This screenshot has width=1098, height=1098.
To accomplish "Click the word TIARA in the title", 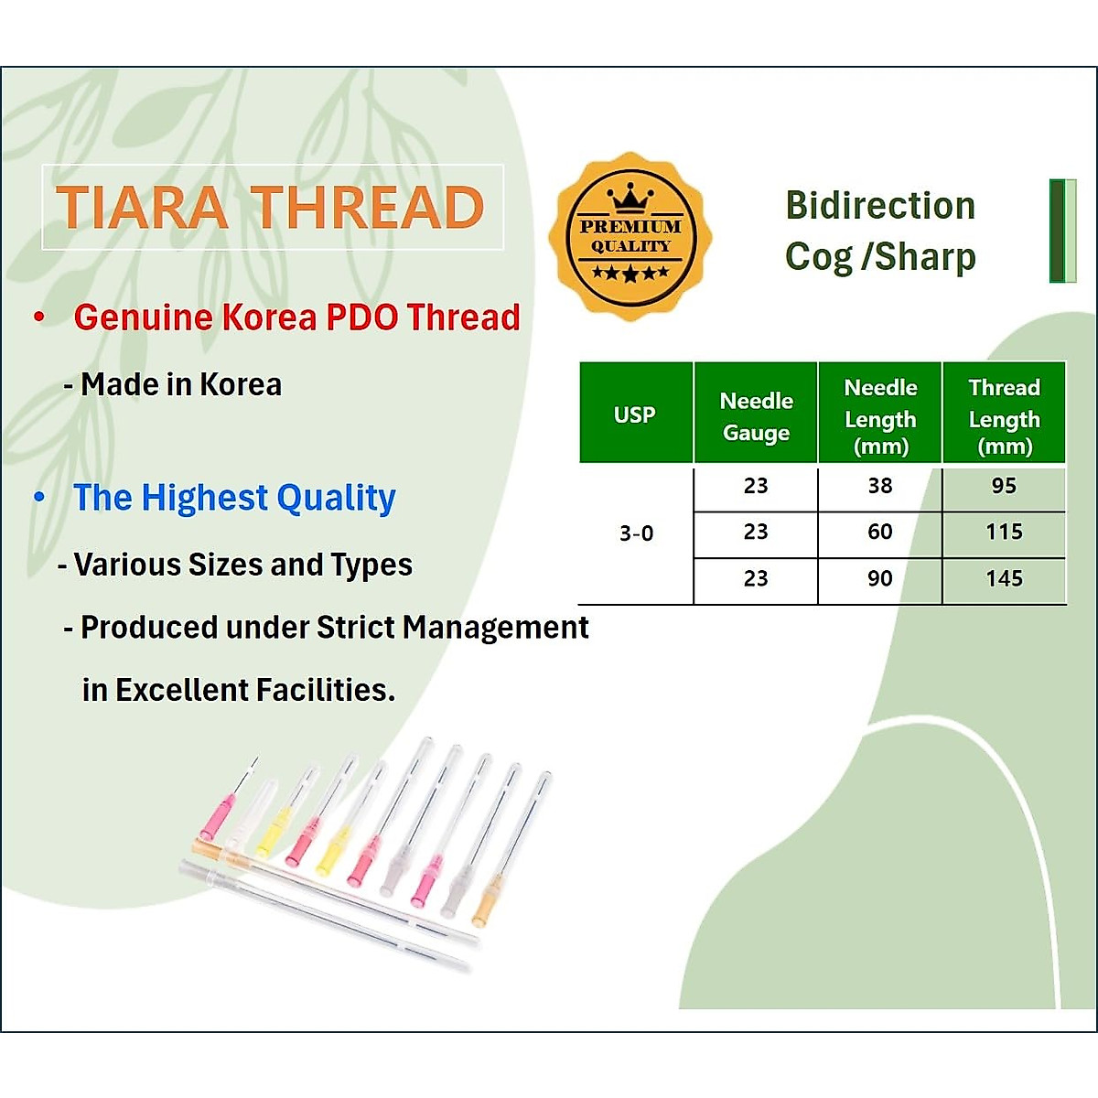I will click(x=142, y=207).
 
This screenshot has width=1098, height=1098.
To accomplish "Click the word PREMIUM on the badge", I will click(x=630, y=226).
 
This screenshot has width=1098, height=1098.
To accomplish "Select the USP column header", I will click(x=635, y=414).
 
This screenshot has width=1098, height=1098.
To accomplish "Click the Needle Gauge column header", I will click(x=756, y=416).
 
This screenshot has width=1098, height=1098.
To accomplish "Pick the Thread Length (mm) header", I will click(x=1004, y=416).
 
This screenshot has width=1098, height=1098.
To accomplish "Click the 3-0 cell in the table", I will click(x=636, y=533).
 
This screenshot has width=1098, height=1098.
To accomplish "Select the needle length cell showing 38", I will click(x=879, y=486).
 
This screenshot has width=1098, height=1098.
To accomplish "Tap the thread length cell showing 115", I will click(x=1004, y=532).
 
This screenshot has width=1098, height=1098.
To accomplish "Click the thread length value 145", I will click(x=1004, y=578).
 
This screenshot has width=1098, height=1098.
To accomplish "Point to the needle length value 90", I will click(x=879, y=578).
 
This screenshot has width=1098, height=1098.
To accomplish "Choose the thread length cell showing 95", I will click(x=1004, y=486).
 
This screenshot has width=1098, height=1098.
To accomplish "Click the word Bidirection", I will click(x=880, y=206).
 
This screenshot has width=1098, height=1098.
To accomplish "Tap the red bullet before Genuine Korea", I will click(x=39, y=318).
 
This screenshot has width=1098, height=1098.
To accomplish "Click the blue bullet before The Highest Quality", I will click(x=39, y=498).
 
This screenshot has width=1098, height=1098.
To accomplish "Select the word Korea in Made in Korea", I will click(x=241, y=384).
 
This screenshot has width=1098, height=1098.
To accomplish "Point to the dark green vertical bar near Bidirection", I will click(x=1058, y=231).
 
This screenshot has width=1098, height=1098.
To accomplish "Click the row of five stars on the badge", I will click(x=630, y=273).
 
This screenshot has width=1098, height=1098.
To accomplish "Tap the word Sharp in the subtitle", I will click(x=925, y=257).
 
